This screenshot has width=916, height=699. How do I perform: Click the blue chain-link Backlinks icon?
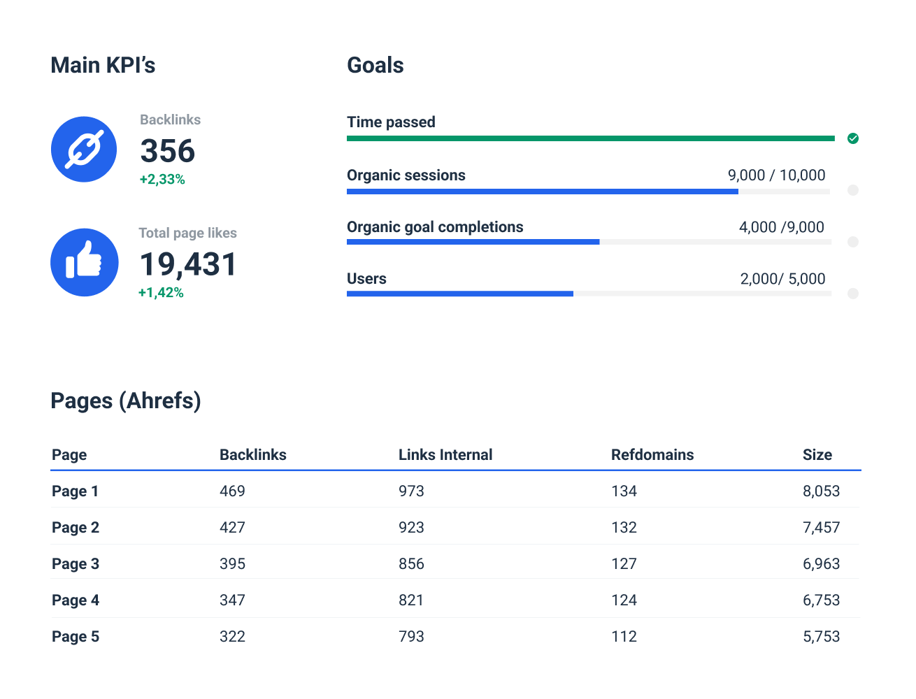click(x=84, y=149)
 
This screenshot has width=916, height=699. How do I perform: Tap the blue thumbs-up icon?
click(x=84, y=263)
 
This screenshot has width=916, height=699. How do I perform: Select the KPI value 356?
click(x=168, y=151)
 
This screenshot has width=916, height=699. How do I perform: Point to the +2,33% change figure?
click(x=162, y=180)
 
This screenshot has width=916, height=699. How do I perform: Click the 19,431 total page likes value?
click(x=189, y=264)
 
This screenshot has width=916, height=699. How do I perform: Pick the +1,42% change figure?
click(x=161, y=293)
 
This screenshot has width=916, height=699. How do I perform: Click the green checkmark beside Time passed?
click(x=852, y=138)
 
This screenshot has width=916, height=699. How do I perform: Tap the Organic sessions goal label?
click(x=406, y=175)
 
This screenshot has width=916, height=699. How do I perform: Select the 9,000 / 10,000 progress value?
click(x=776, y=175)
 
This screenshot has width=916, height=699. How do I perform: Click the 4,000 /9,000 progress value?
click(x=781, y=227)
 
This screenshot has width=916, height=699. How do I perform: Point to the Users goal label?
click(x=366, y=279)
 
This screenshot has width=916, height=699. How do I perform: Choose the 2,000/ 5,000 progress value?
click(x=782, y=279)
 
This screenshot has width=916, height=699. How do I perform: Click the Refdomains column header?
click(x=652, y=455)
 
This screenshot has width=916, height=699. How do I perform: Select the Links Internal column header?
click(x=445, y=455)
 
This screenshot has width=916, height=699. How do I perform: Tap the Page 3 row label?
click(x=76, y=564)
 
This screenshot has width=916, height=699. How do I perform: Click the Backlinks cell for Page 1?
click(x=232, y=491)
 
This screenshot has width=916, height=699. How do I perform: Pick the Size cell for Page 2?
click(x=821, y=528)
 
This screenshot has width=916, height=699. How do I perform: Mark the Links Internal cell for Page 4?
click(x=411, y=600)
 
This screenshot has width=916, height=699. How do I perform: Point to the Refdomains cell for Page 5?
click(x=624, y=637)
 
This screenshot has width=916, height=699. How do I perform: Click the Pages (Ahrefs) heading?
click(x=126, y=401)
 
